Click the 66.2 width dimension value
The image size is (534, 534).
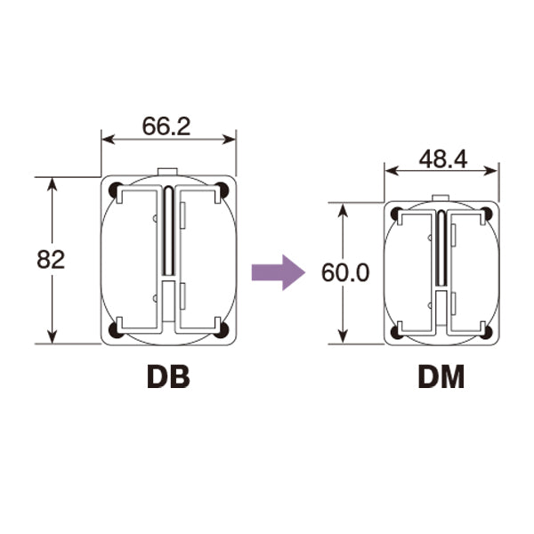pos(166,126)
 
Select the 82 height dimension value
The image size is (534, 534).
pos(51,260)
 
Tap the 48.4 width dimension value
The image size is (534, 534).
pos(443,159)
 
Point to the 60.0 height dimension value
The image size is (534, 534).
pos(345,273)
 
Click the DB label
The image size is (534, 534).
pos(168,377)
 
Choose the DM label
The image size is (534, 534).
pos(441,377)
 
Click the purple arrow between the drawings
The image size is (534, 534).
pos(279,272)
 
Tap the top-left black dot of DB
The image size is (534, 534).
pos(116,190)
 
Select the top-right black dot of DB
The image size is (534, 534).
pos(222,190)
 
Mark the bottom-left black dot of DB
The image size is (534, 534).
pos(116,329)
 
